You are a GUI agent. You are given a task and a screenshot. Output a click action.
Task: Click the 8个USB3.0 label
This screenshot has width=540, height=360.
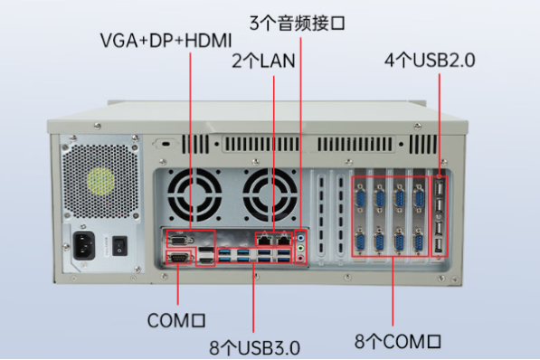point(254,346)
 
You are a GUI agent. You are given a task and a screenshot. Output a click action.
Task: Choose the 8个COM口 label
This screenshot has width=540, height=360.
point(398,341)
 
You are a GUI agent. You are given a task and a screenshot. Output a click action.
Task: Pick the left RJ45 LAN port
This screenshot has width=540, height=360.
point(263,240)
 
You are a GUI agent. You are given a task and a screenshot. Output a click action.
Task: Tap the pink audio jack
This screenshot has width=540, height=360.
point(301,259)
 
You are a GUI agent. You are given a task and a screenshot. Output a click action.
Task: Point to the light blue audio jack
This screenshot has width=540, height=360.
point(301,238)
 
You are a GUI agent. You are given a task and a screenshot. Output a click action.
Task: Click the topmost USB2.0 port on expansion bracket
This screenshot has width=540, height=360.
point(439,188)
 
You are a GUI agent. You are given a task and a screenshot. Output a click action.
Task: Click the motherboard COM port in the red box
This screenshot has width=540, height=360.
point(178,260)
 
